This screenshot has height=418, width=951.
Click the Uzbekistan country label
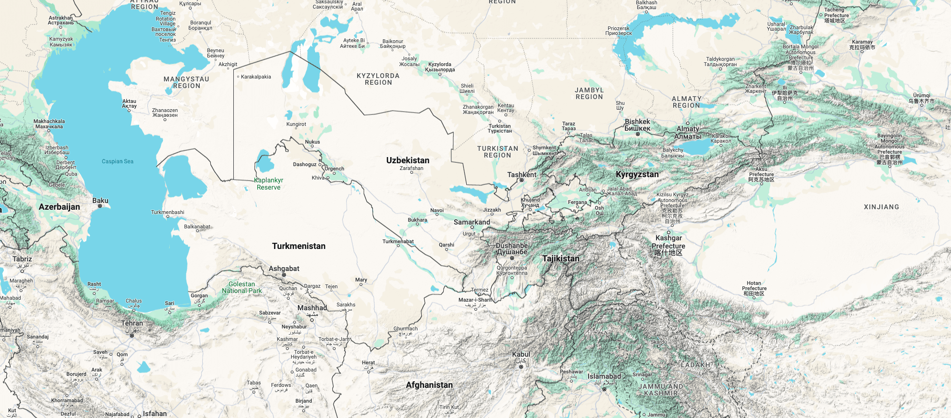(407, 160)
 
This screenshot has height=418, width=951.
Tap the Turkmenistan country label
(298, 246)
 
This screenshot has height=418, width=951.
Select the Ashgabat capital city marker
(284, 275)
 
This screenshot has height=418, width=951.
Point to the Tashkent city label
(522, 175)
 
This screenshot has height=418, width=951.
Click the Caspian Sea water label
(118, 161)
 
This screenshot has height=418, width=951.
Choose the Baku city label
(100, 201)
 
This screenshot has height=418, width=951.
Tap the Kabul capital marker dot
(521, 367)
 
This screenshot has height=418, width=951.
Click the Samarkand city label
(471, 222)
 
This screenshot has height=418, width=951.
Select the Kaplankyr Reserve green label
(269, 184)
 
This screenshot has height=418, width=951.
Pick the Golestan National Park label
(242, 287)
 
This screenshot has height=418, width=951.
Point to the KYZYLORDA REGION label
(378, 79)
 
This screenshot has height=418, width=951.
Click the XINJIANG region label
(881, 207)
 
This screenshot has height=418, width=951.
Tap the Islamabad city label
(604, 376)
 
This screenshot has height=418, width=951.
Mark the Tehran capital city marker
(132, 336)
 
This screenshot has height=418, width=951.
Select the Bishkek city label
(637, 125)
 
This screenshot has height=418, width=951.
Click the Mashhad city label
(312, 308)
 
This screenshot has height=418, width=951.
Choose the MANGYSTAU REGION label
(186, 82)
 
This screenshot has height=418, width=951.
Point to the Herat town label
(368, 362)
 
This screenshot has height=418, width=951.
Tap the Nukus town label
(312, 142)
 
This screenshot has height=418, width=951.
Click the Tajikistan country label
(560, 259)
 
